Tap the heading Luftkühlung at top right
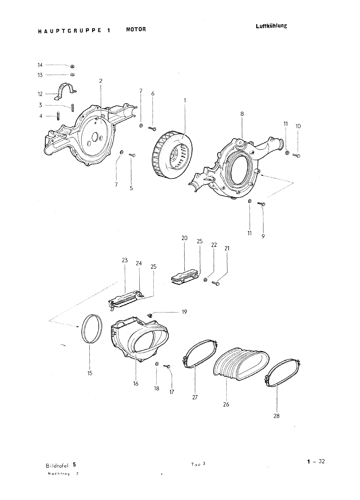click(x=271, y=26)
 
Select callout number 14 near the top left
click(x=40, y=65)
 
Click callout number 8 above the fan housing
click(x=242, y=114)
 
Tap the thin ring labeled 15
click(x=91, y=329)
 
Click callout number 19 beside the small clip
click(x=184, y=312)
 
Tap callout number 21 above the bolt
click(x=227, y=249)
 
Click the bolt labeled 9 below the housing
click(x=262, y=204)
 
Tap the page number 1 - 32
click(x=316, y=461)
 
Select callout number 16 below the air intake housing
click(x=136, y=383)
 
